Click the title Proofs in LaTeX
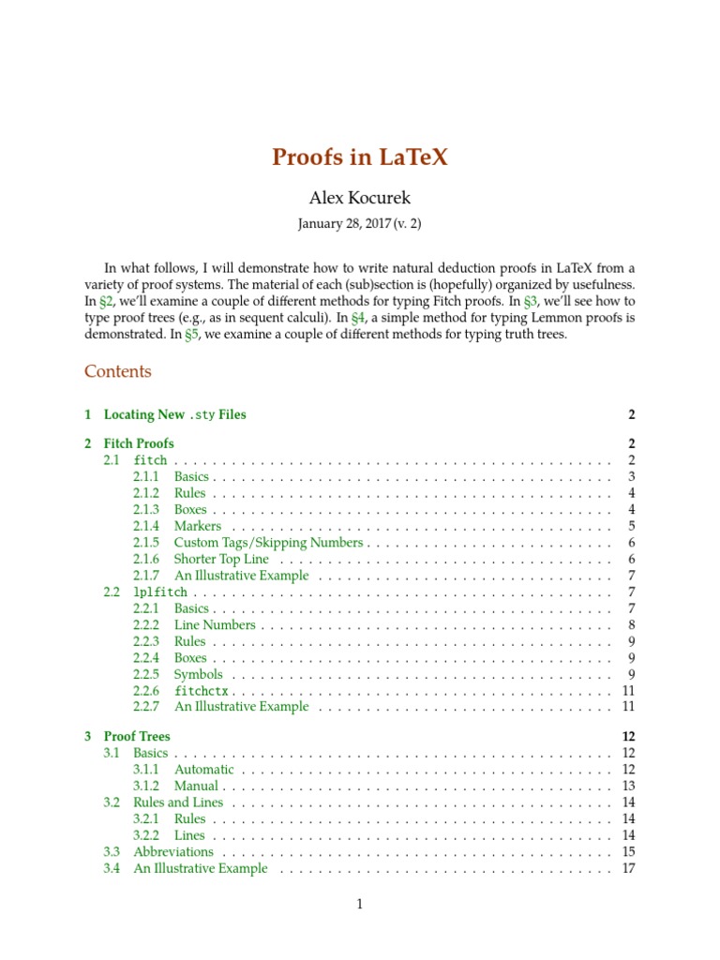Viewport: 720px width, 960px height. pos(360,157)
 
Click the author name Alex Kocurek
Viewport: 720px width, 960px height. pos(360,198)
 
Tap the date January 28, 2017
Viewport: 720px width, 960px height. pos(343,224)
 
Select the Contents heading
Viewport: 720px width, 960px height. pos(117,371)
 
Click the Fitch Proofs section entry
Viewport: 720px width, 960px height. pos(139,443)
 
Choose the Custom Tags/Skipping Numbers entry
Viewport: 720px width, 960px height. pos(268,543)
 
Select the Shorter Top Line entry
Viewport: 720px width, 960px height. pos(221,560)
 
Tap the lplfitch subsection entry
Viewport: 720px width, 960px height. pos(160,593)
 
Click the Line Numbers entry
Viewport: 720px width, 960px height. pos(215,625)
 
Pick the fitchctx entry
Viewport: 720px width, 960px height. pos(202,691)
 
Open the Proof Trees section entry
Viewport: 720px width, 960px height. pos(137,737)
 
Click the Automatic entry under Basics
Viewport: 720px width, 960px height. pos(204,770)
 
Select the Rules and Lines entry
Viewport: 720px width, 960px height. pos(178,802)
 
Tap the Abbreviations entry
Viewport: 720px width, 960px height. pos(173,852)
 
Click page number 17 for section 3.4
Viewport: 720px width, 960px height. pos(629,869)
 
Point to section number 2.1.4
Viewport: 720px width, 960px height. pos(146,526)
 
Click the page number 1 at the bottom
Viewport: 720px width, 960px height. pos(359,905)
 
